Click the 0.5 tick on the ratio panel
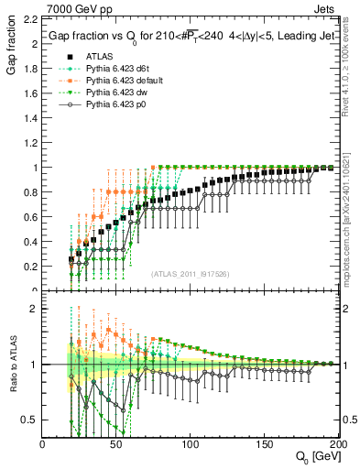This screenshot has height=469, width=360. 32,420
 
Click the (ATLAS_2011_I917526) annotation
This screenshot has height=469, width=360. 190,274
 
